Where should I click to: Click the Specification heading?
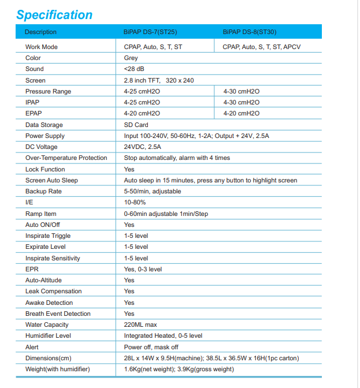(x=54, y=14)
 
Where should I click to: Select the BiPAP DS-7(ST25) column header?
(x=150, y=32)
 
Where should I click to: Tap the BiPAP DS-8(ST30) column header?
(x=250, y=32)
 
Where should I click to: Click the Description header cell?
(x=41, y=32)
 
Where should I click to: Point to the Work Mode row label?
(x=42, y=47)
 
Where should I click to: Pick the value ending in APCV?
(x=261, y=47)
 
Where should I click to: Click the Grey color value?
(x=131, y=58)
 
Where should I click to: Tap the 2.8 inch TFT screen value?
(x=158, y=80)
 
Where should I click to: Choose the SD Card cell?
(x=136, y=125)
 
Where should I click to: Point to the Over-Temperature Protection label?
(x=66, y=158)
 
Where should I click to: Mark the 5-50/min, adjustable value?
(x=153, y=192)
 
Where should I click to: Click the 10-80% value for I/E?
(x=135, y=203)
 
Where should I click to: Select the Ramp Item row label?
(x=41, y=214)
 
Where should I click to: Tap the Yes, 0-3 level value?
(x=143, y=269)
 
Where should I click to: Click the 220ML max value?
(x=140, y=324)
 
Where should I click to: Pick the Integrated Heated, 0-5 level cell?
(x=163, y=335)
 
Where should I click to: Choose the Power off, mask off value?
(x=151, y=347)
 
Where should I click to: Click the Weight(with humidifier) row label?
(x=58, y=369)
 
